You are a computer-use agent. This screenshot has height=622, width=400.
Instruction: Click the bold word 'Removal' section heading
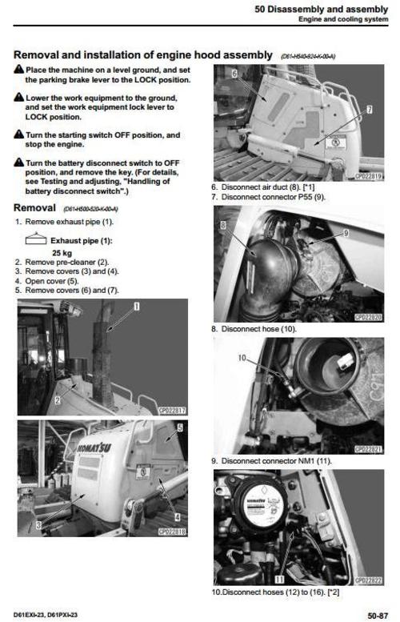click(x=35, y=207)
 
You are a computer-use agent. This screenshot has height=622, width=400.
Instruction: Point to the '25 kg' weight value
click(x=40, y=251)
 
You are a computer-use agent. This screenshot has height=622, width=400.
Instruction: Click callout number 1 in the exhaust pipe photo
click(x=136, y=307)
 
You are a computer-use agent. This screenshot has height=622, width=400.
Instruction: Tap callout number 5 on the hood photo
click(x=179, y=428)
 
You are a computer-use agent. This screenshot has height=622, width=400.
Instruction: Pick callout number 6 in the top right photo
click(x=234, y=74)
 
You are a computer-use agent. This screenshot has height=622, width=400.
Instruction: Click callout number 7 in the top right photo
click(x=369, y=108)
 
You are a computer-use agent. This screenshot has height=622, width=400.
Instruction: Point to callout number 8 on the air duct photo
click(x=226, y=226)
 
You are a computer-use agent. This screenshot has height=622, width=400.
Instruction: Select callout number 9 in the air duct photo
click(x=346, y=232)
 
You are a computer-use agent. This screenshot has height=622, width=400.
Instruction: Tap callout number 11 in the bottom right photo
click(x=278, y=577)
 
